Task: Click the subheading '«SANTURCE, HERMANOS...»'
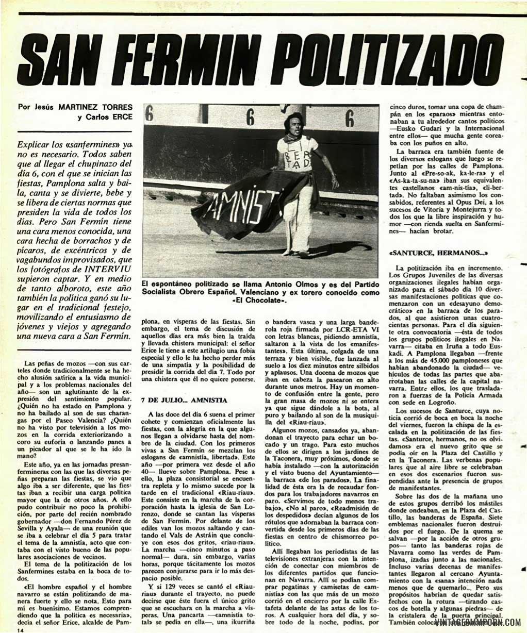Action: click(438, 253)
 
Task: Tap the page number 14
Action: click(20, 629)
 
